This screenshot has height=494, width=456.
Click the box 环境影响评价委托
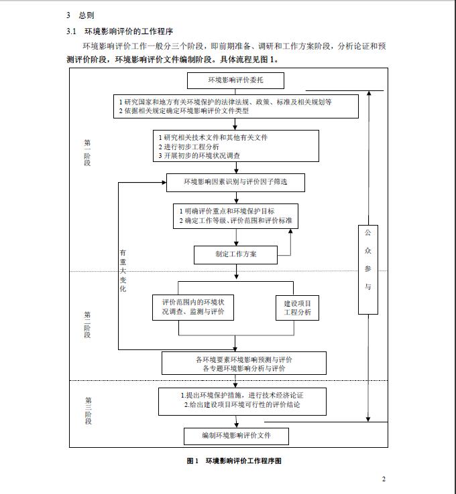[x=235, y=81]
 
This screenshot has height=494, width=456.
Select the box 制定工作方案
[x=235, y=254]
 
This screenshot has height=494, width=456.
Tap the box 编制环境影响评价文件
[x=236, y=436]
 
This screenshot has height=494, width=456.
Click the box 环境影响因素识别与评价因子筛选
[x=235, y=181]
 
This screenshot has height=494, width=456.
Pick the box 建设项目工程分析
[x=297, y=308]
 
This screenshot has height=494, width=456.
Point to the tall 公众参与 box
[x=367, y=270]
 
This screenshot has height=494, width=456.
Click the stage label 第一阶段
[x=87, y=152]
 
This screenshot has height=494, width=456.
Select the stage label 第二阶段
[x=87, y=325]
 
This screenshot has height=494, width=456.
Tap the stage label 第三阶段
[x=87, y=410]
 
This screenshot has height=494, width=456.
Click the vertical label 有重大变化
[x=123, y=271]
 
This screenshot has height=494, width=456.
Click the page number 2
[x=384, y=479]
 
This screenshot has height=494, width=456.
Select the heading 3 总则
[x=80, y=14]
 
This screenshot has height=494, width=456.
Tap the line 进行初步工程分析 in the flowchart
[x=188, y=147]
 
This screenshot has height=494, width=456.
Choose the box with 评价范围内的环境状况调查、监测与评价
[x=193, y=308]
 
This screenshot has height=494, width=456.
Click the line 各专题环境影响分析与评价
[x=244, y=368]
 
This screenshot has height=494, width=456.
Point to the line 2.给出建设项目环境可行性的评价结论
[x=241, y=405]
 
